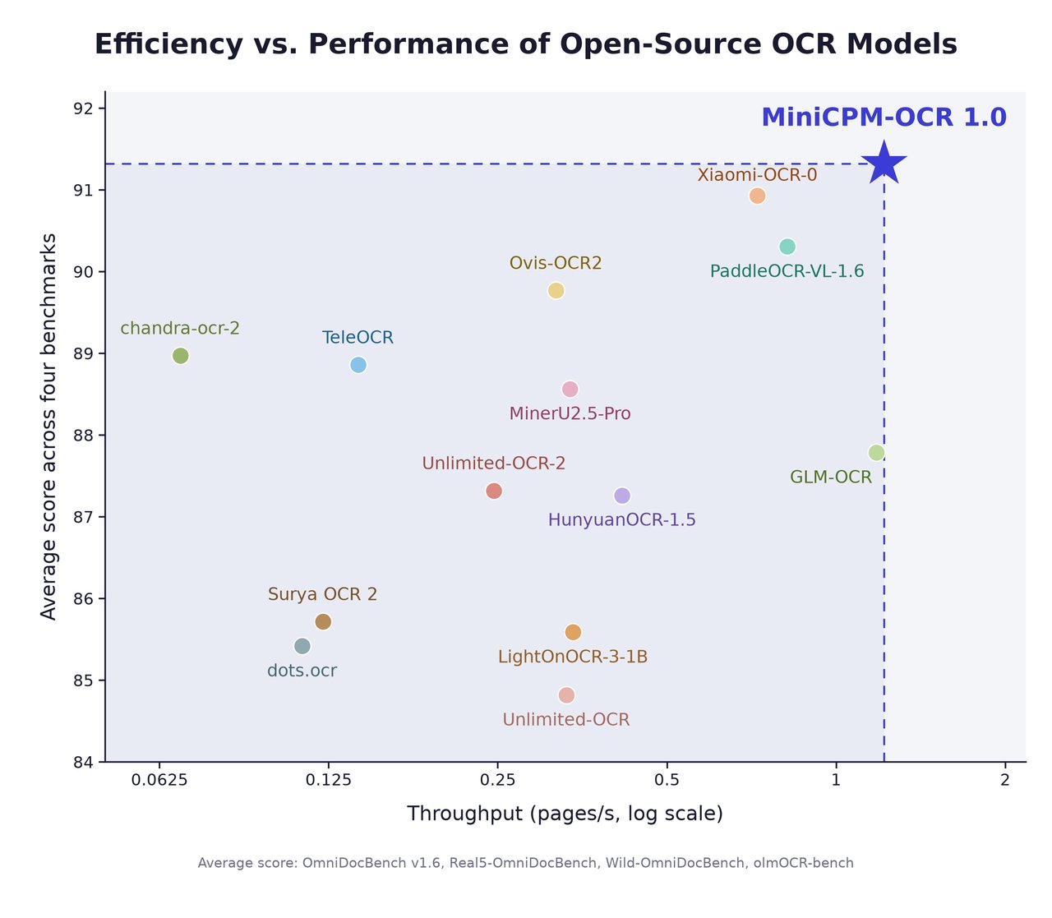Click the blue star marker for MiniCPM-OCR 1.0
click(884, 164)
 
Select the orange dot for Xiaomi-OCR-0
click(757, 196)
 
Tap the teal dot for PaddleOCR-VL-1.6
click(787, 247)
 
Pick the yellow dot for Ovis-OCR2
click(556, 291)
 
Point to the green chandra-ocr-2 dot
click(180, 356)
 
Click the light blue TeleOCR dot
click(358, 365)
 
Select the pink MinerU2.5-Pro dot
click(570, 390)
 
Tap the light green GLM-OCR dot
click(876, 453)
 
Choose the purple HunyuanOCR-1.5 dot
click(622, 496)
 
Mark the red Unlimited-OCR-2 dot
click(494, 491)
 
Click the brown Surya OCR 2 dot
click(323, 622)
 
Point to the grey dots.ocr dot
click(302, 646)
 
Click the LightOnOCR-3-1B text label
click(573, 657)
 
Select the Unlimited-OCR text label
click(566, 720)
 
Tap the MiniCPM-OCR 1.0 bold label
click(884, 118)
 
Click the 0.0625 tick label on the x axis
click(159, 780)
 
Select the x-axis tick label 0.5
click(667, 780)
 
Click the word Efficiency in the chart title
click(168, 44)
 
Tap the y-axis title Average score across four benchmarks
click(48, 427)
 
